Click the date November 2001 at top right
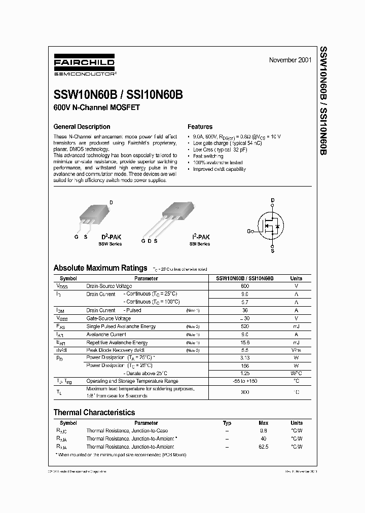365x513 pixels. pos(290,60)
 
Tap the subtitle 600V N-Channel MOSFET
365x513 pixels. pos(96,107)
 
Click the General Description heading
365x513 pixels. pos(82,127)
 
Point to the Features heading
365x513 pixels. pos(200,127)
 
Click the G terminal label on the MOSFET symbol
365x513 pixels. pos(249,231)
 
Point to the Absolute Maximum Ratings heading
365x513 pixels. pos(100,268)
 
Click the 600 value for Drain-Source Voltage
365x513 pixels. pos(244,286)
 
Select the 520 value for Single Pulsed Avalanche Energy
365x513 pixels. pos(244,326)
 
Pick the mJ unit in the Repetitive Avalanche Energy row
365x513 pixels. pos(296,343)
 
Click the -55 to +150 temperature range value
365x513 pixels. pos(244,380)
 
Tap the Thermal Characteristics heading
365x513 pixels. pos(94,413)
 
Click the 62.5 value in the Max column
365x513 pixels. pos(263,447)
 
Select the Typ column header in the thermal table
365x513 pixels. pos(227,423)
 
